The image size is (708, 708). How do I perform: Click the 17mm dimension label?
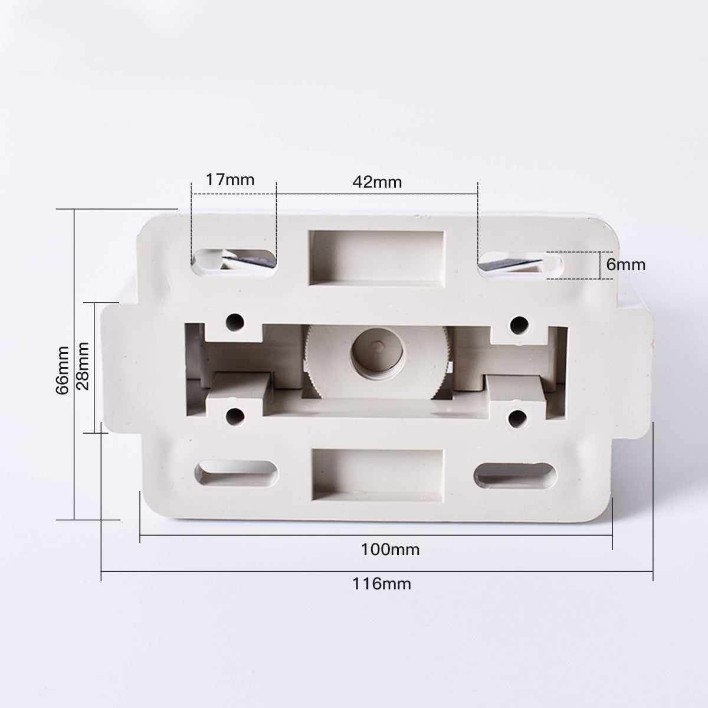(x=230, y=179)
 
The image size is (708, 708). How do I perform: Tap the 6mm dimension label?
(x=626, y=264)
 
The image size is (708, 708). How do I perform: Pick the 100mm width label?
(x=390, y=550)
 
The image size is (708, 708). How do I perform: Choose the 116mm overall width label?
(x=382, y=584)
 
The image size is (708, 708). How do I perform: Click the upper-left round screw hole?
(x=235, y=322)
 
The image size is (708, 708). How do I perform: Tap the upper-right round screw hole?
(x=519, y=323)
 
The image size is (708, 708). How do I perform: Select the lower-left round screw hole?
(x=235, y=415)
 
